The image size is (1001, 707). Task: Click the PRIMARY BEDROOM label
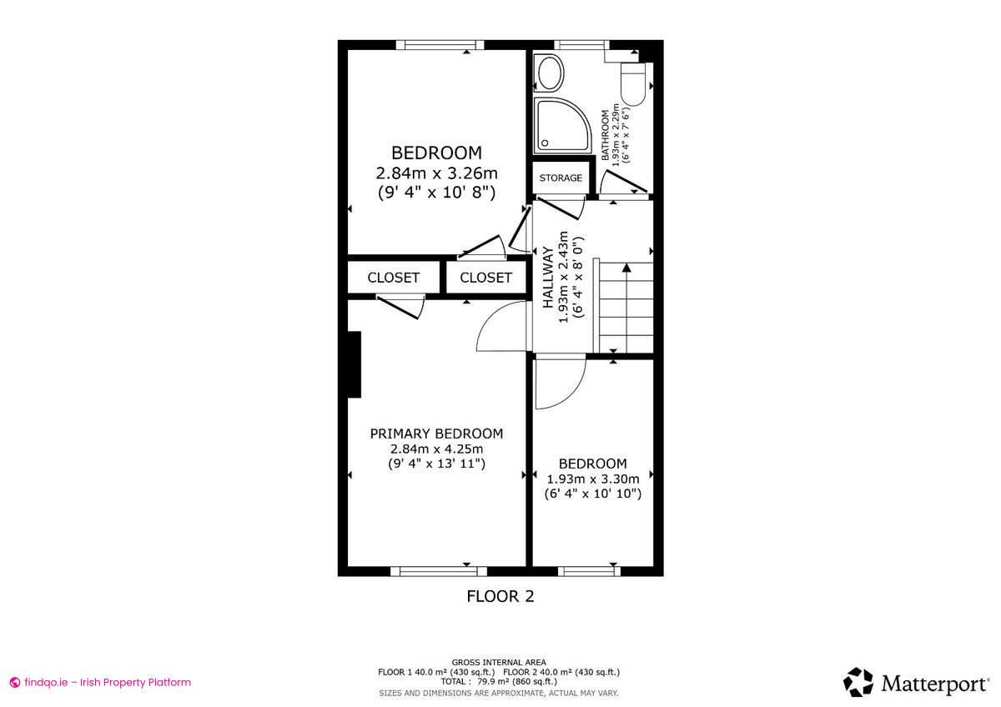436,434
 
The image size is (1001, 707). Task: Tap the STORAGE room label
561,178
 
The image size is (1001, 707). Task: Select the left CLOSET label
393,278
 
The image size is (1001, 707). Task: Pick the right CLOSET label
485,278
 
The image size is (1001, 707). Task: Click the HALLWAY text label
548,278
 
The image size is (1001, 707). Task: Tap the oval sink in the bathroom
550,73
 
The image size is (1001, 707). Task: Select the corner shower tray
561,125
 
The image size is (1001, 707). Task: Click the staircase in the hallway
624,306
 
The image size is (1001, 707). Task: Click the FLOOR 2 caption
500,596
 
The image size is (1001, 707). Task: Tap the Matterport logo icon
858,682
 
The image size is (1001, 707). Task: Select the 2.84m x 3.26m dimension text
436,173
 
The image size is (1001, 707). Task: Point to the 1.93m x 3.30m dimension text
592,479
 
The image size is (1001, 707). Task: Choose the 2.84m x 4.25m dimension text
436,449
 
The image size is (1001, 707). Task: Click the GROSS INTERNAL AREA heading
499,662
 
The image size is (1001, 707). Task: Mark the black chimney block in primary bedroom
354,364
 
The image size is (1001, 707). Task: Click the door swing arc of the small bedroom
555,384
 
